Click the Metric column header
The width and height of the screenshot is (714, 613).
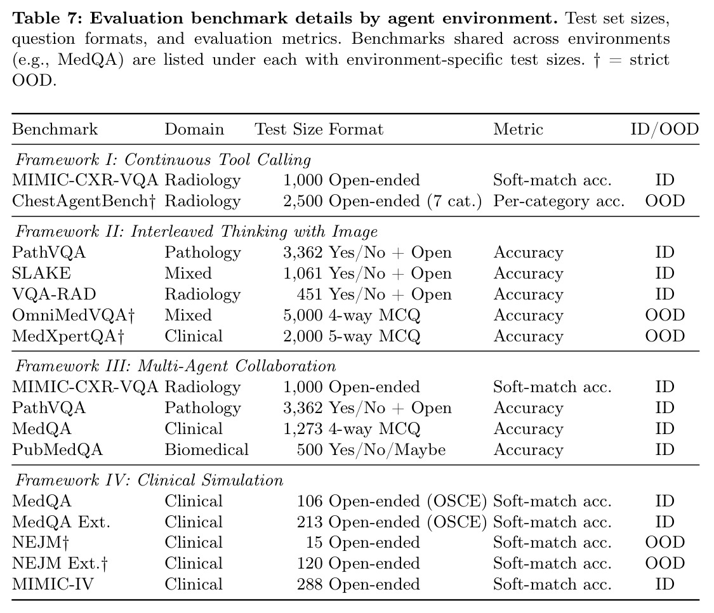(518, 129)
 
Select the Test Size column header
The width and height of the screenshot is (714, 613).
(289, 129)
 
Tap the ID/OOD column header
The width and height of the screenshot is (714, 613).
(664, 129)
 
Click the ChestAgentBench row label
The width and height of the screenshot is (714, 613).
(84, 201)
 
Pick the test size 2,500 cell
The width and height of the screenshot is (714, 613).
(303, 201)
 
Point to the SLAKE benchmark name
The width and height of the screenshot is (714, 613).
(41, 274)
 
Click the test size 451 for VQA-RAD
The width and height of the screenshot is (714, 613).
(310, 294)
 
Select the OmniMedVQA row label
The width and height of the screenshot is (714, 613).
(74, 315)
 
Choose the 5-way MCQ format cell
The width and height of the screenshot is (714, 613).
(374, 336)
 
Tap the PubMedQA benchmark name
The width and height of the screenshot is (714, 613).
(57, 449)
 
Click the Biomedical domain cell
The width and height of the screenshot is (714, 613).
(206, 449)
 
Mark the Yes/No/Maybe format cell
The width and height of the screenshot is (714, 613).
(387, 449)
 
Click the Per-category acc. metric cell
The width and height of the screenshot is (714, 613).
(559, 201)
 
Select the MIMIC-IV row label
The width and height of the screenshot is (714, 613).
(53, 584)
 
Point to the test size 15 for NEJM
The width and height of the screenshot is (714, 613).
(314, 543)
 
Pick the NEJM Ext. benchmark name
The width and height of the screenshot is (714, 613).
(60, 564)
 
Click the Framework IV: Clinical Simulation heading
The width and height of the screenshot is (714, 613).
(149, 480)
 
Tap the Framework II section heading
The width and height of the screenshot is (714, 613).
(197, 232)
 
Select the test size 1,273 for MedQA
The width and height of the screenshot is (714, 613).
(303, 428)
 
